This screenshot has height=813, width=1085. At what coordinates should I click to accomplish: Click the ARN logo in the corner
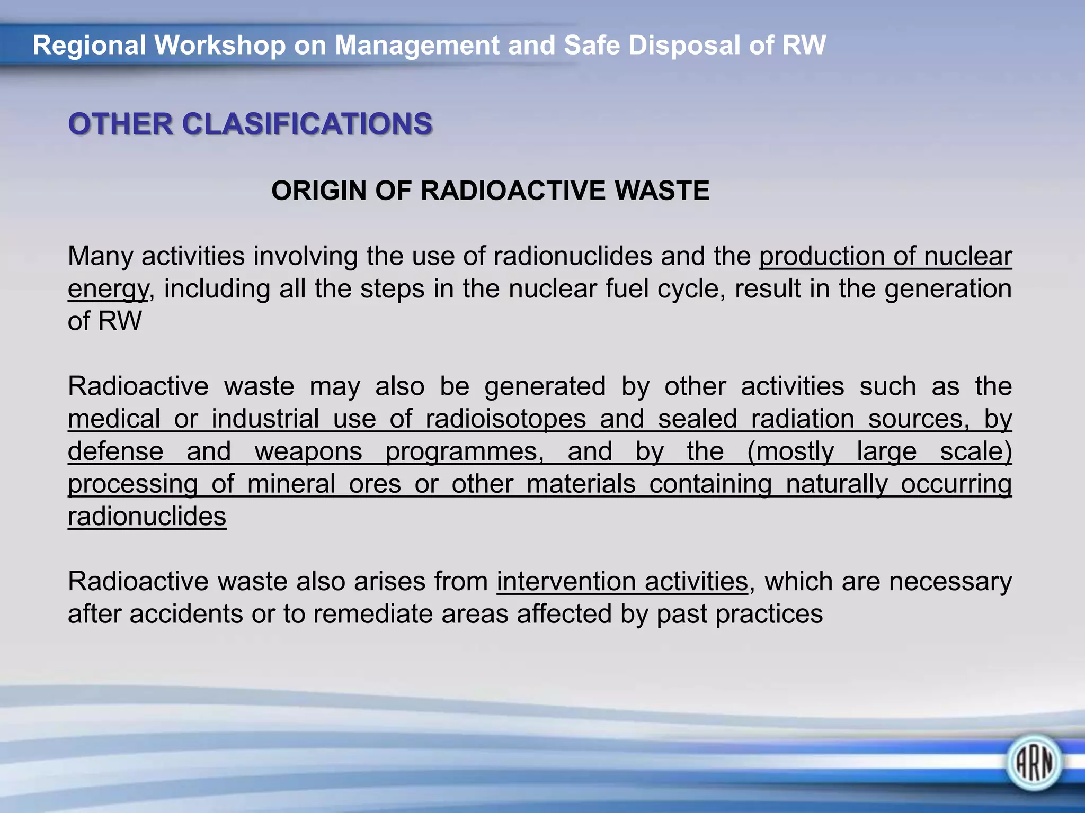point(1034,763)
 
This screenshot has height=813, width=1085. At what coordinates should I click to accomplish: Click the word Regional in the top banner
point(89,46)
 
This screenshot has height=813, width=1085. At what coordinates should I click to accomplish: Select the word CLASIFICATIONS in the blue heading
point(307,124)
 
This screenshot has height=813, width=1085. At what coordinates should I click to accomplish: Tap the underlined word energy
point(108,290)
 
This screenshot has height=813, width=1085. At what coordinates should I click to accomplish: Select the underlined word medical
point(114,419)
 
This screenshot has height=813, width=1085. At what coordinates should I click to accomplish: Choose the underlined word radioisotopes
point(506,419)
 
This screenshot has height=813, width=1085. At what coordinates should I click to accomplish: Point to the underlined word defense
point(115,452)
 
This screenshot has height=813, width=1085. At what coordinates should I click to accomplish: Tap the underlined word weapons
point(308,452)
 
